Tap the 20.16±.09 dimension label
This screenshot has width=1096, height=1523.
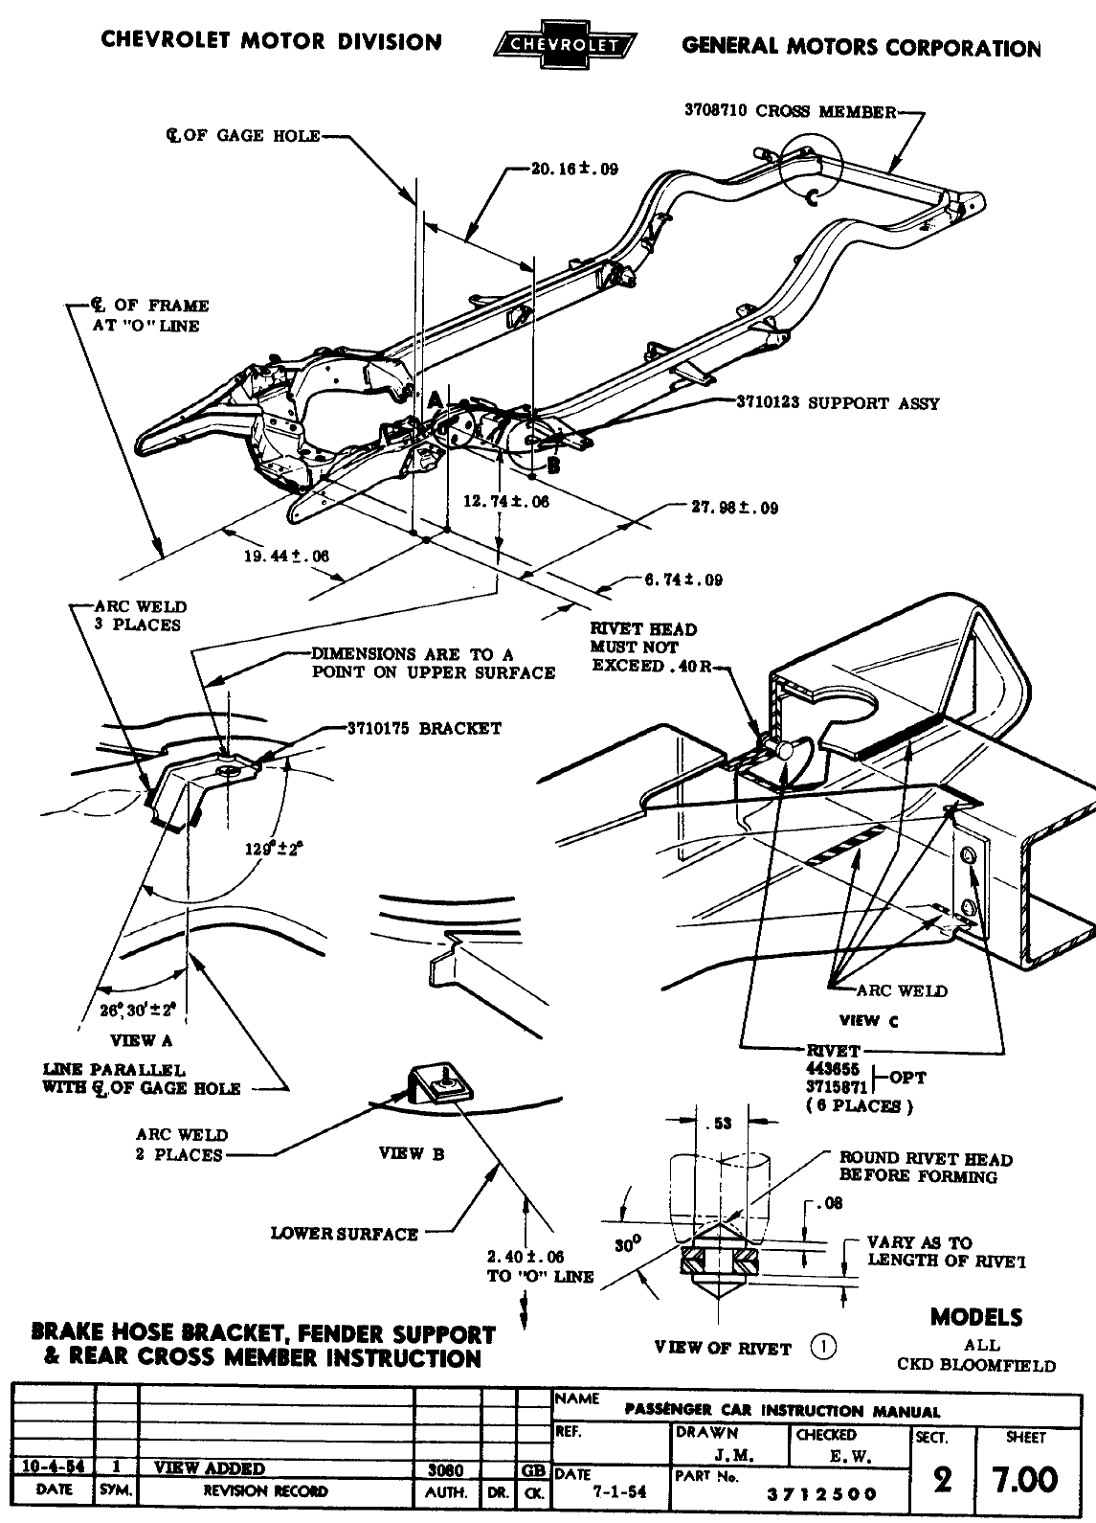(574, 170)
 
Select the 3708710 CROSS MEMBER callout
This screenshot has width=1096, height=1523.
(789, 110)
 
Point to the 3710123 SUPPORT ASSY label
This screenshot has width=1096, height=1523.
(837, 403)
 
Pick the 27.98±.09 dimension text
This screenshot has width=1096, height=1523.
(734, 508)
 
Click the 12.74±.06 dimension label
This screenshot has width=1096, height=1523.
(506, 501)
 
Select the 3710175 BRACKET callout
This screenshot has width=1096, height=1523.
(423, 728)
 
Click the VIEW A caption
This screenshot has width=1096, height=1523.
(142, 1040)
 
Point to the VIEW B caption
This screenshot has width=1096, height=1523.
(412, 1153)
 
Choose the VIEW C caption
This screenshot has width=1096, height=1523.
(869, 1020)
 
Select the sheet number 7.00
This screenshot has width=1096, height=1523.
(1025, 1481)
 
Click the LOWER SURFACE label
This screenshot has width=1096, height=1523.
(345, 1234)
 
